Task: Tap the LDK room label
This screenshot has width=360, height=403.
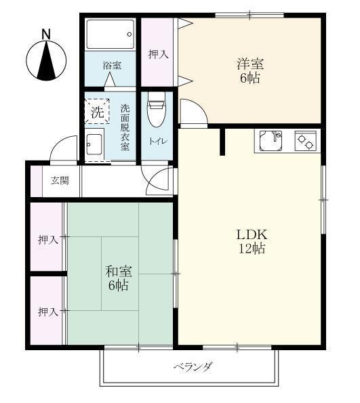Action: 252,234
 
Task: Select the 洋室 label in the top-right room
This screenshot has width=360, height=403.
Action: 250,64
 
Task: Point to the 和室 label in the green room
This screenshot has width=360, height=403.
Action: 118,271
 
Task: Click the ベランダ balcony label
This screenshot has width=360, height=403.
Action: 193,368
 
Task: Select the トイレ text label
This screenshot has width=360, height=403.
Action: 156,141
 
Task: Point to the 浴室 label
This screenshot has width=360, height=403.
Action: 112,66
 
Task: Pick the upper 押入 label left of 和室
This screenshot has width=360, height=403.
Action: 47,240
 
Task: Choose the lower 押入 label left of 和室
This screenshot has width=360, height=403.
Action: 47,312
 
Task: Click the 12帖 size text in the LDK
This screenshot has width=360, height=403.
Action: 252,249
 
